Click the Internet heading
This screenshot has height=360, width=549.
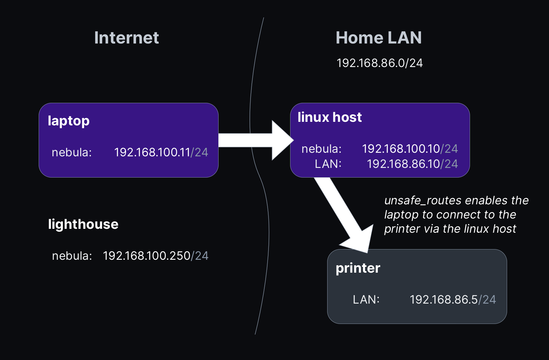point(126,38)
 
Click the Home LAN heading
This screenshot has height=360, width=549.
point(378,38)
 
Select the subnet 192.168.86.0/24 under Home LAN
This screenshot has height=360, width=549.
point(379,63)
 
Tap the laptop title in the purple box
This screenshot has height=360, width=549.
point(68,121)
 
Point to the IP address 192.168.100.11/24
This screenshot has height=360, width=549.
point(161,152)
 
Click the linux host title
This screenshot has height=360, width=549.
point(329,117)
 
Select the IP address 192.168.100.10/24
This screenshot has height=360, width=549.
point(409,149)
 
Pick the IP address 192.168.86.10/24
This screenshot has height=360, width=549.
point(412,164)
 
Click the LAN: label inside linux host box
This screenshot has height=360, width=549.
point(328,164)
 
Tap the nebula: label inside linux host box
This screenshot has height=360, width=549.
point(321,149)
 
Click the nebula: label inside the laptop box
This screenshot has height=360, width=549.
point(72,152)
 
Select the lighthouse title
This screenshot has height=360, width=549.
point(83,224)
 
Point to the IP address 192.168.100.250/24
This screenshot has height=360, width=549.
point(155,256)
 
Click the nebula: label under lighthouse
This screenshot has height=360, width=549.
point(72,256)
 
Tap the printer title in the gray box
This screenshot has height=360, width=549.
point(358,268)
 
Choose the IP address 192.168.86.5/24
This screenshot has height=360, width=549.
point(453,299)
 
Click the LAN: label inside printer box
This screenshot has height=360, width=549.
point(366,299)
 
